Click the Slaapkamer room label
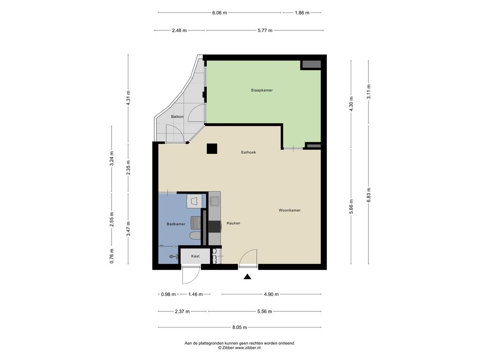(262, 90)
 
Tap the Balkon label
(177, 117)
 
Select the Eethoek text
(248, 152)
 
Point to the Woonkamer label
(290, 210)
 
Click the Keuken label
(233, 223)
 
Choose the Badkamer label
(176, 224)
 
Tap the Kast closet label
(195, 256)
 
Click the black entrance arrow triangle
(247, 277)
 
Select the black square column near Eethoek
(212, 149)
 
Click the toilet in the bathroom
(195, 236)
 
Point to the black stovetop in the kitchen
(215, 227)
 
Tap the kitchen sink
(214, 201)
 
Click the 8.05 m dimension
(240, 327)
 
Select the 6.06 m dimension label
(219, 13)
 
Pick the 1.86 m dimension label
(302, 13)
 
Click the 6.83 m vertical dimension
(368, 195)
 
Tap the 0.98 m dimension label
(168, 294)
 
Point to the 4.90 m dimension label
(271, 294)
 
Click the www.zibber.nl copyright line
(239, 348)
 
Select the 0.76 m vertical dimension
(112, 256)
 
